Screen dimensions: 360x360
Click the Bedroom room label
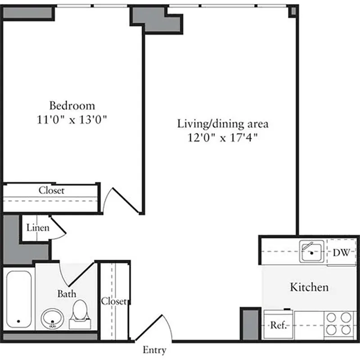[x=72, y=106]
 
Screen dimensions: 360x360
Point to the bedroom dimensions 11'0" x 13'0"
[x=72, y=120]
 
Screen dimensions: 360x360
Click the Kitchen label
[x=309, y=287]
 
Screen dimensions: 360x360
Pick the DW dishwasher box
[x=341, y=252]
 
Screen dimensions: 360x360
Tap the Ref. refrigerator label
[x=278, y=325]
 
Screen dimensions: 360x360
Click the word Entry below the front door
[x=154, y=350]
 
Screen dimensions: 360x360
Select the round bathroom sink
[x=53, y=319]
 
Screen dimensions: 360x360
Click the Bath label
[x=67, y=294]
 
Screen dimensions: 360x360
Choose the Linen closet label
[x=37, y=228]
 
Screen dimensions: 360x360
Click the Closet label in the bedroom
[x=51, y=190]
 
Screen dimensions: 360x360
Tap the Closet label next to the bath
[x=114, y=301]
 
